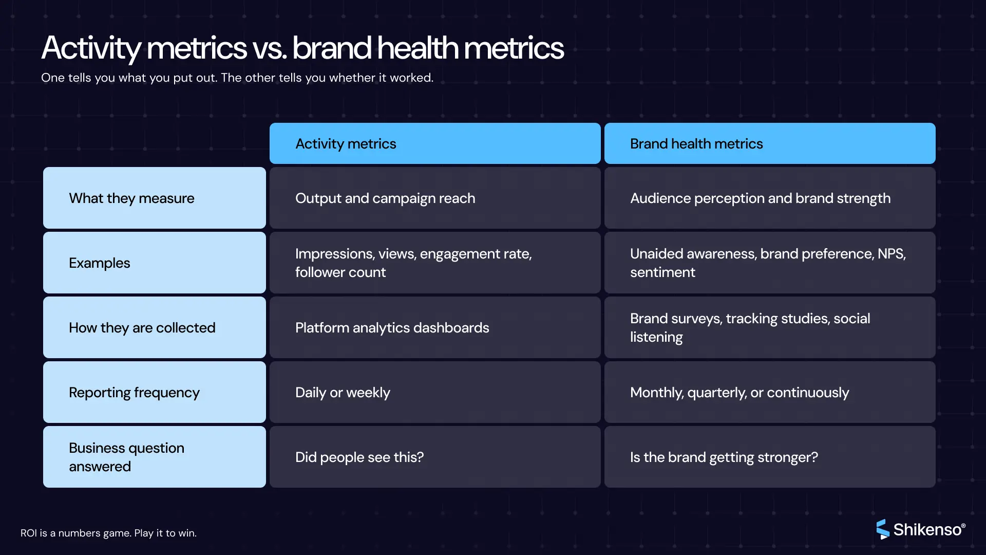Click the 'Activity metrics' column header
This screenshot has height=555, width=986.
click(x=434, y=143)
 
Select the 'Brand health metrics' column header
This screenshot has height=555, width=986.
click(x=769, y=143)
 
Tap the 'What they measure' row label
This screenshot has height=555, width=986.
click(x=154, y=198)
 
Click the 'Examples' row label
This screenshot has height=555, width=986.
click(x=154, y=263)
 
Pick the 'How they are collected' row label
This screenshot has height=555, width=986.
click(x=154, y=327)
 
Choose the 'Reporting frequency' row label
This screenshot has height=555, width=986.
click(x=154, y=392)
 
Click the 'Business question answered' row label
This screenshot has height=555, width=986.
click(x=154, y=457)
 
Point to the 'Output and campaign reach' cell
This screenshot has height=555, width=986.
click(x=434, y=198)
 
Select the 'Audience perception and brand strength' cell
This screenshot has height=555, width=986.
click(x=769, y=198)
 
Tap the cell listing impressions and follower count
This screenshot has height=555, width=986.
click(x=434, y=263)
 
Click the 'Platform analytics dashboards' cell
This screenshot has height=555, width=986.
click(x=434, y=327)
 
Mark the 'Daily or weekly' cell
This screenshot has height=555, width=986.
click(x=434, y=392)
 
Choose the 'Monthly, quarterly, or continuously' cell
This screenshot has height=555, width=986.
click(x=769, y=392)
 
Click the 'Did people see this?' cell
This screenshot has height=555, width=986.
click(x=434, y=457)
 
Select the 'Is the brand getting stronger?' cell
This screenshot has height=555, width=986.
click(x=769, y=457)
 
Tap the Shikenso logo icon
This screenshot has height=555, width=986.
click(x=882, y=529)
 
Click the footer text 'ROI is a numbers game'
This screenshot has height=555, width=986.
click(x=108, y=533)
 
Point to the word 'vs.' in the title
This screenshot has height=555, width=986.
click(x=270, y=48)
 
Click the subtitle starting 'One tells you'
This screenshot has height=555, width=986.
click(x=237, y=78)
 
